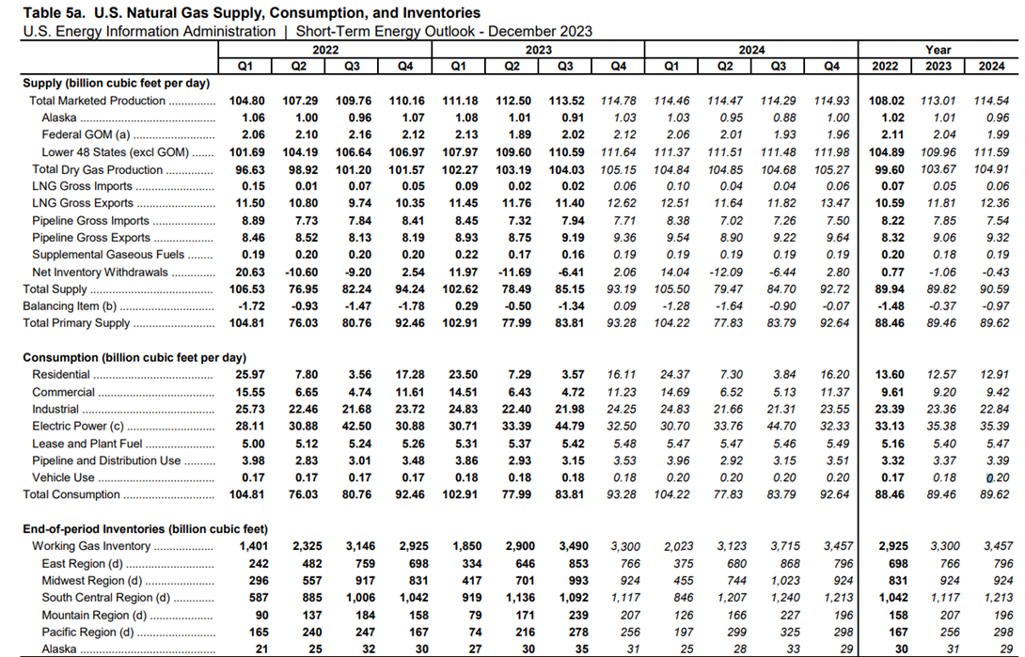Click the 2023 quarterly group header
(x=538, y=50)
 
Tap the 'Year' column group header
(x=938, y=50)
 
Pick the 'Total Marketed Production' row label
(x=98, y=101)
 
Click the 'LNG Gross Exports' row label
(x=83, y=203)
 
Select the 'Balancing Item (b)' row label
(x=70, y=306)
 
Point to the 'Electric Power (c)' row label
(x=78, y=427)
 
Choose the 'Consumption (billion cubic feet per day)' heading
(x=134, y=358)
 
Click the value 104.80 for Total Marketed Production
(x=246, y=101)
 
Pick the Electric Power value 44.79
(x=569, y=427)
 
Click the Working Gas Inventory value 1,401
(x=250, y=546)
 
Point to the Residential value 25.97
(x=249, y=375)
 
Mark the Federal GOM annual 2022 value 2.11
(x=892, y=135)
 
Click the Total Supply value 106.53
(x=246, y=289)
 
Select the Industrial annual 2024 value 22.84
(x=994, y=410)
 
